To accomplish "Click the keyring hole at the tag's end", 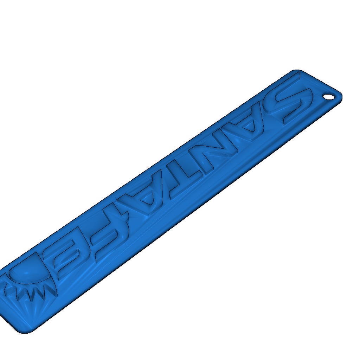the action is coord(329,97).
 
